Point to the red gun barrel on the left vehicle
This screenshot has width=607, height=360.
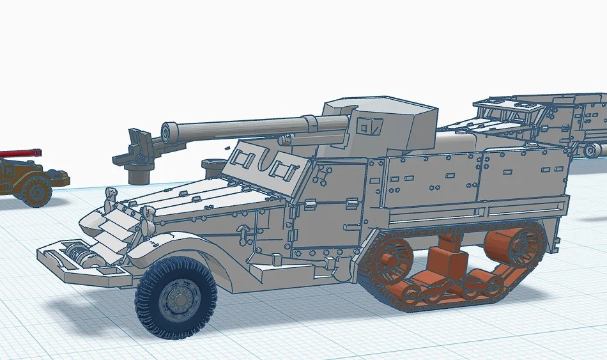(19, 153)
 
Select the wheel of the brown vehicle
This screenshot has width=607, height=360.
(36, 190)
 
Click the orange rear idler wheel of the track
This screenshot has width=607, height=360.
(515, 246)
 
